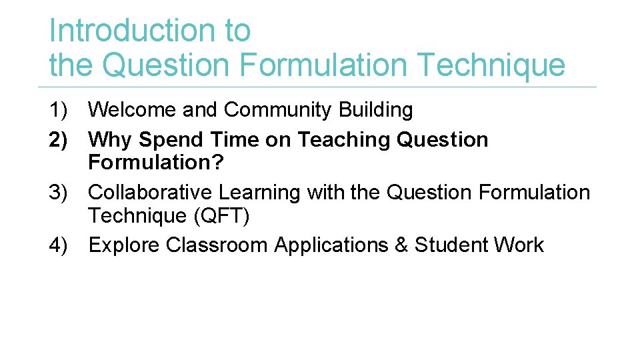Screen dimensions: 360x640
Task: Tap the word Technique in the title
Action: click(x=490, y=65)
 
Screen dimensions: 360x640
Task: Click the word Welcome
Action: click(x=132, y=110)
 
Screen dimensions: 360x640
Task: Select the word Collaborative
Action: click(x=151, y=193)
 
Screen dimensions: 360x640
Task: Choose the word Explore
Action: click(x=124, y=245)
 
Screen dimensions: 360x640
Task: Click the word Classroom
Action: click(x=217, y=245)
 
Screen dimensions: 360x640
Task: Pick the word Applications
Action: click(x=331, y=245)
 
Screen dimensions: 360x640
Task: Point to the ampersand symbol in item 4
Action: click(x=401, y=245)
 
